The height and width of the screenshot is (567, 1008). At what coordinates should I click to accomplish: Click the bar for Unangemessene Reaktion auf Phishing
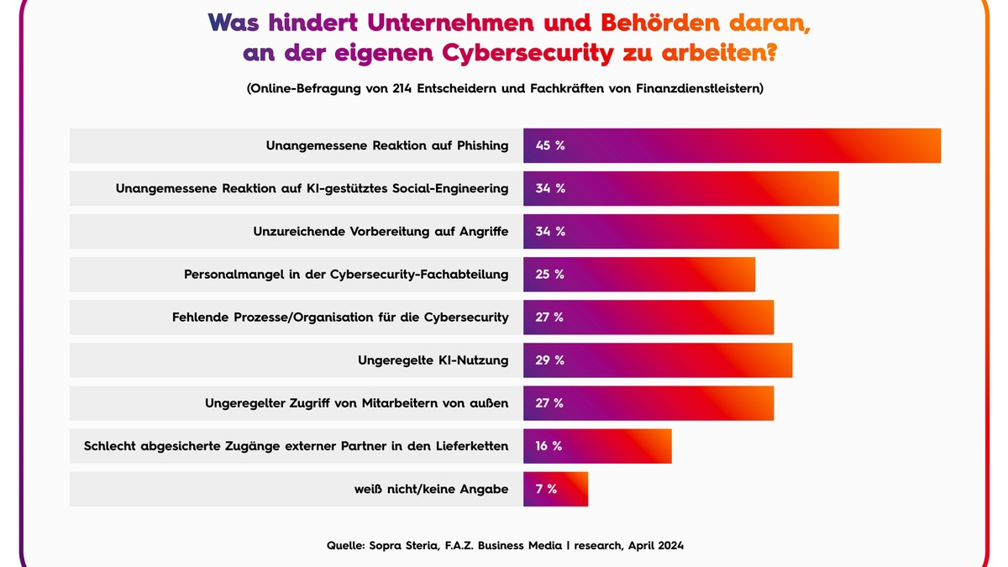point(731,145)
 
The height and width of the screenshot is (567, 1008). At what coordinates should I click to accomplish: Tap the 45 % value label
point(550,145)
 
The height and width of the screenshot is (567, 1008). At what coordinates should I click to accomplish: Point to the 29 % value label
point(550,360)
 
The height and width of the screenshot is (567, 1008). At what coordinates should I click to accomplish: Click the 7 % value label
point(546,489)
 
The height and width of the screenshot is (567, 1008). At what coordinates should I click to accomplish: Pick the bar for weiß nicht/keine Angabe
point(555,489)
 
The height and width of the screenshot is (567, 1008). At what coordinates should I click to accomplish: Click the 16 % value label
point(549,446)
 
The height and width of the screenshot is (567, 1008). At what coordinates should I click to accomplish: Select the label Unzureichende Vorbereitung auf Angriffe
point(381,232)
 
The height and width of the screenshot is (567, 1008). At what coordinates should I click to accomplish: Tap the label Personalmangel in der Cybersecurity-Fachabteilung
point(346,275)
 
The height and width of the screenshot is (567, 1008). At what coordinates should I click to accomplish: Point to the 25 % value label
point(550,275)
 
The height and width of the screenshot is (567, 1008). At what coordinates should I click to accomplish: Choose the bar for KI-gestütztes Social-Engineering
point(680,188)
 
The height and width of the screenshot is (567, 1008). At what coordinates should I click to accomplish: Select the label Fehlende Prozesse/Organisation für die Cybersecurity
point(340,318)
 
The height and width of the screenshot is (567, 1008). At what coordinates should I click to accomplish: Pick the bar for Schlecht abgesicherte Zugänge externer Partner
point(597,446)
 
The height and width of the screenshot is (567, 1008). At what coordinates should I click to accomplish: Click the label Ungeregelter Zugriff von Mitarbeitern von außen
point(356,403)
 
